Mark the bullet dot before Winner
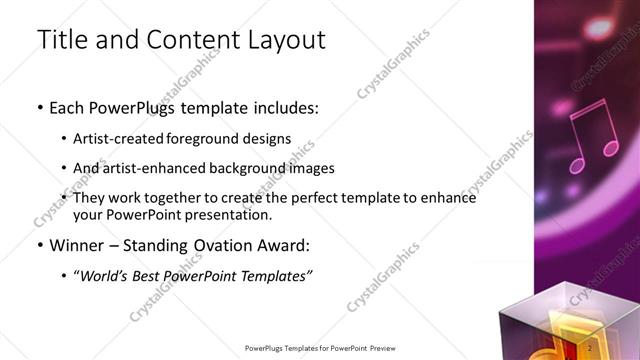[x=40, y=246]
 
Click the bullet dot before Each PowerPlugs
[x=40, y=108]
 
